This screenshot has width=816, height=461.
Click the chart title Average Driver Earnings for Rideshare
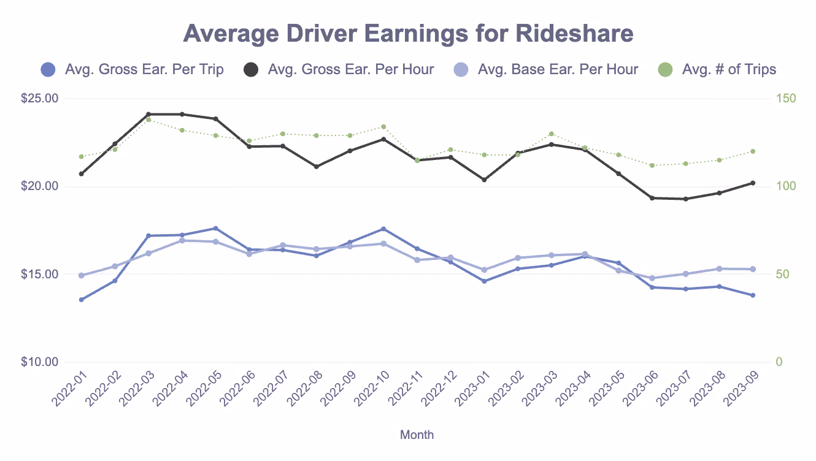coord(408,34)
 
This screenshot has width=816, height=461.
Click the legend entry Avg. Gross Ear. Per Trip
coord(144,69)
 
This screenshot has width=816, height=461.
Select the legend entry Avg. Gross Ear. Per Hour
coord(350,69)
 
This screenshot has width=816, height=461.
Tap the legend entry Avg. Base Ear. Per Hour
coord(557,69)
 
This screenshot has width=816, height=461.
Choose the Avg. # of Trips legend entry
coord(728,69)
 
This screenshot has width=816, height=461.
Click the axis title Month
coord(417,435)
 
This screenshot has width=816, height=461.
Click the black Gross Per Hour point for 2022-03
coord(148,114)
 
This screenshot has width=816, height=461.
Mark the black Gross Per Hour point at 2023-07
coord(685,199)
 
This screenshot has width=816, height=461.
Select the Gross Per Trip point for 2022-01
coord(81,300)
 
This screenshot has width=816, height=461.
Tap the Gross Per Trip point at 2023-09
coord(753,295)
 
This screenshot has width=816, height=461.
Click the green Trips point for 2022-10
coord(383,127)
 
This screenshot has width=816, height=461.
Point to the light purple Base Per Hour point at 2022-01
coord(81,275)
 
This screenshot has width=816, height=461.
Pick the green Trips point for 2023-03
coord(551,134)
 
